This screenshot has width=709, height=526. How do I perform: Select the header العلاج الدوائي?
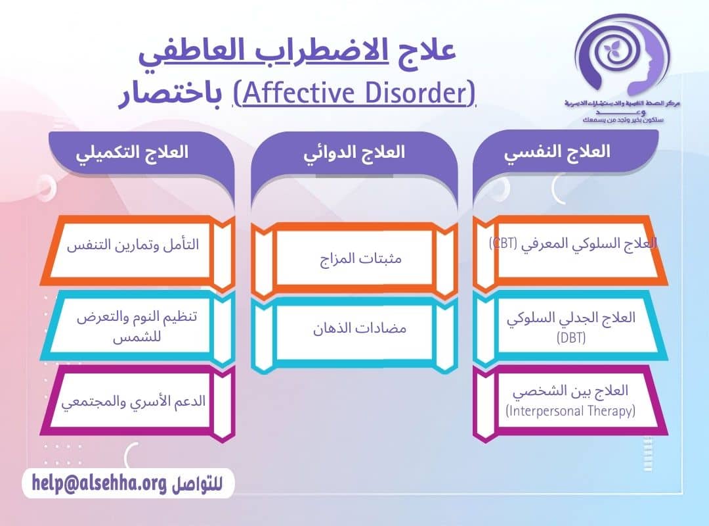click(354, 152)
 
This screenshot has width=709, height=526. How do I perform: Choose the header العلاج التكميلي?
click(132, 152)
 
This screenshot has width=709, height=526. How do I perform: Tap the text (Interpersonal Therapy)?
click(570, 412)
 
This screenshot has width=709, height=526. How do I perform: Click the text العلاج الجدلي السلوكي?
click(570, 317)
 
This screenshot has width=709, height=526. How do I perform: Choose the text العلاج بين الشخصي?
click(570, 391)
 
